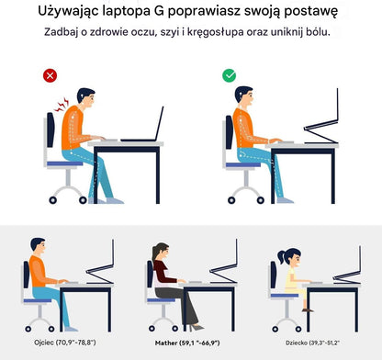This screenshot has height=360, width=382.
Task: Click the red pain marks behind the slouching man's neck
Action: point(62,108)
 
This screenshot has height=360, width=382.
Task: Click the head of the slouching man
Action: point(84,97)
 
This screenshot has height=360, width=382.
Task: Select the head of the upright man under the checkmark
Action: point(243,96)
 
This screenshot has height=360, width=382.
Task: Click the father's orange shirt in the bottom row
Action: point(39,272)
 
